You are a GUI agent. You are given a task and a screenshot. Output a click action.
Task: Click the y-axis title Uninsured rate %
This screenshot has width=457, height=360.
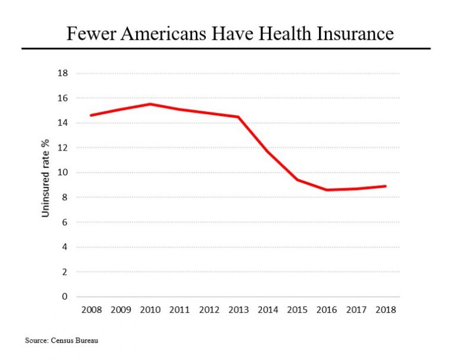click(x=45, y=179)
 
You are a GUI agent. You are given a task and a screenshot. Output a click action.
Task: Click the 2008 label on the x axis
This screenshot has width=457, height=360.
click(x=90, y=309)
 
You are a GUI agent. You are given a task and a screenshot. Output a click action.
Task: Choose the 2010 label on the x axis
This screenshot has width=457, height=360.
click(x=149, y=309)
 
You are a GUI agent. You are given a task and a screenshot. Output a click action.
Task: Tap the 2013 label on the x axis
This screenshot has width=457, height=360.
click(x=238, y=309)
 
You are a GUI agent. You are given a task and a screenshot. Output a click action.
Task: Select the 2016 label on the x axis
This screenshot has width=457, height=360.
click(x=327, y=309)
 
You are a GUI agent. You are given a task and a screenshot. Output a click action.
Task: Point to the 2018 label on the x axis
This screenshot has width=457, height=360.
click(x=386, y=309)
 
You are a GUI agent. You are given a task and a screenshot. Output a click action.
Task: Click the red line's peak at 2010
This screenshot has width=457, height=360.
click(x=150, y=104)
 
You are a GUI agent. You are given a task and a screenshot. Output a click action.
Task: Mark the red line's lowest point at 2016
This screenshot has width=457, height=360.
click(x=327, y=190)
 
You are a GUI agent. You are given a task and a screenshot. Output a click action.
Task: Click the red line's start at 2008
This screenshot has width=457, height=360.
click(x=90, y=115)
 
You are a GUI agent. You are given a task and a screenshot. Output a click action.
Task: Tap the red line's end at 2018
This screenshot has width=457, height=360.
click(x=386, y=186)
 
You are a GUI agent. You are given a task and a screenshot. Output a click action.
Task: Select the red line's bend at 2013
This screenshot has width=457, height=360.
click(x=238, y=117)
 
